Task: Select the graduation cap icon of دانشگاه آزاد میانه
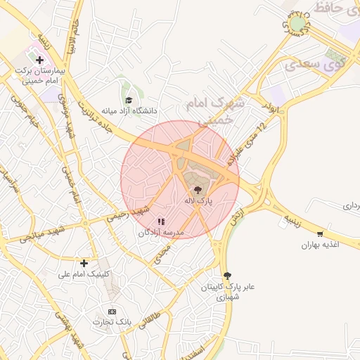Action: coord(128,100)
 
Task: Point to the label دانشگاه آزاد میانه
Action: coord(129,111)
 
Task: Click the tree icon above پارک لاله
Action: coord(198,190)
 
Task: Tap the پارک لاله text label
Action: coord(198,201)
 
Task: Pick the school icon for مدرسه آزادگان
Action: coord(161,221)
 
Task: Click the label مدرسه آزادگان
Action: coord(161,232)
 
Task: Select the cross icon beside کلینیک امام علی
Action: coord(84,263)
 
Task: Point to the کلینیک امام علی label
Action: coord(84,274)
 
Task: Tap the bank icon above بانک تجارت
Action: coord(112,311)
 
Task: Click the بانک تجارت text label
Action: coord(112,321)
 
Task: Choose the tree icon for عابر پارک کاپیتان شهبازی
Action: coord(226,276)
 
